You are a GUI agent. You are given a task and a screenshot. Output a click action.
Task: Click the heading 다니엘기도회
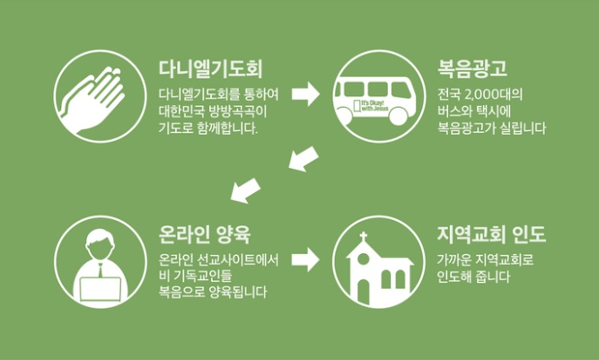click(209, 68)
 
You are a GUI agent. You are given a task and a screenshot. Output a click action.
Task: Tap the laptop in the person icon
click(101, 285)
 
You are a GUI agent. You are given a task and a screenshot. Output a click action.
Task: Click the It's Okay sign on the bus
click(369, 106)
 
